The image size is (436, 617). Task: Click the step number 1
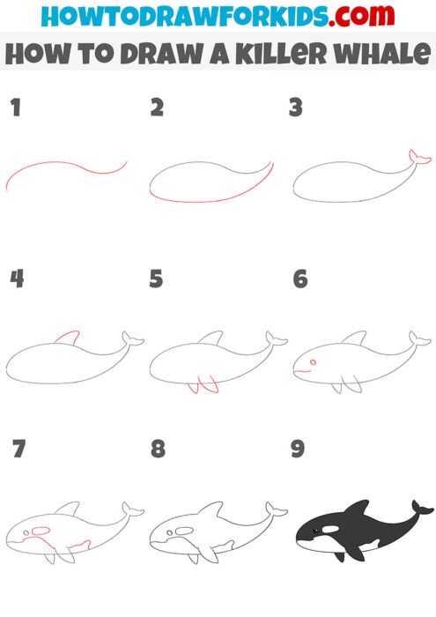click(x=14, y=108)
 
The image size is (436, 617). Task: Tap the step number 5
click(x=157, y=279)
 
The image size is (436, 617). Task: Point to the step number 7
click(x=16, y=450)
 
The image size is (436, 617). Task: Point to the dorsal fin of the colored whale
click(x=357, y=509)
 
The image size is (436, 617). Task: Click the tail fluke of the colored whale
click(x=421, y=508)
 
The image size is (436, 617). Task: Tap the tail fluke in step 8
click(x=277, y=509)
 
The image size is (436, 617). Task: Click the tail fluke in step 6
click(x=419, y=338)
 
